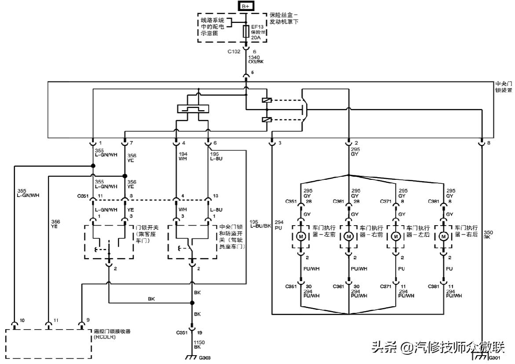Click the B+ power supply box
pos(245,6)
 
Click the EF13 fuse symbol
pos(246,31)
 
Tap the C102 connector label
pos(234,52)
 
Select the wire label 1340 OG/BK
pos(256,59)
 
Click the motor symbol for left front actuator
pos(302,237)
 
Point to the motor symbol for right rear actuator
pos(444,237)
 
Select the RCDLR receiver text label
pos(110,334)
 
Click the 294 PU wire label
pos(279,224)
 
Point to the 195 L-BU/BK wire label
pos(260,224)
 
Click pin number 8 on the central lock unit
pos(489,143)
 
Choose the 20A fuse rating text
pos(256,38)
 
